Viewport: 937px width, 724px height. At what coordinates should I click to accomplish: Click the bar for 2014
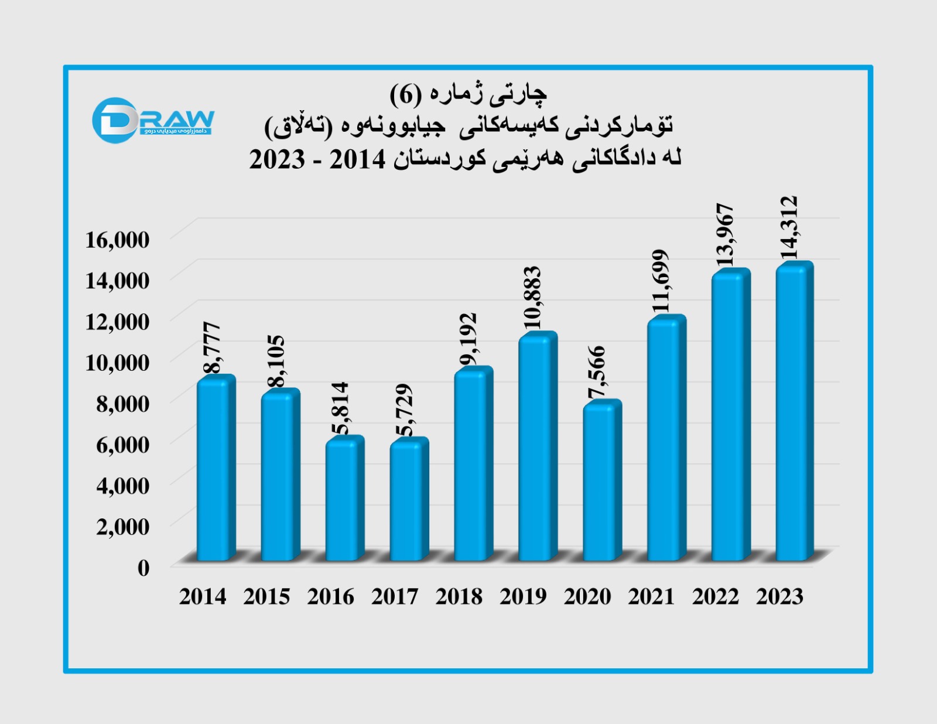coord(214,469)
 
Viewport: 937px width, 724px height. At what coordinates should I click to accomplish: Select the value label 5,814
coord(340,408)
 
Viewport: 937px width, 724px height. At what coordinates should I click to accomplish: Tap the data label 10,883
coord(532,298)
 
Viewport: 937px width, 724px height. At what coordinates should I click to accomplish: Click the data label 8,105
coord(276,361)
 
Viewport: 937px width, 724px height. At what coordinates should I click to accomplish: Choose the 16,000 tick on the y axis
coord(117,240)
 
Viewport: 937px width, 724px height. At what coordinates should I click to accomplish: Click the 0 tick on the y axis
coord(143,568)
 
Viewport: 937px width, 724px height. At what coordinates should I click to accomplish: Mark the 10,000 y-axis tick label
coord(117,363)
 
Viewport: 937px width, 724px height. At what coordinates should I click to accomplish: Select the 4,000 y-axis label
coord(122,486)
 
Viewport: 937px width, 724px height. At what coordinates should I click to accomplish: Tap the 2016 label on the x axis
coord(331,597)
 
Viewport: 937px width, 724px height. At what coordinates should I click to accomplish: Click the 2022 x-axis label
coord(716,597)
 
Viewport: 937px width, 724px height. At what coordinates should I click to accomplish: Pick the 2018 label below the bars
coord(459,597)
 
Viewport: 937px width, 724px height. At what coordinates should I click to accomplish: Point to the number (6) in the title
coord(405,94)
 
